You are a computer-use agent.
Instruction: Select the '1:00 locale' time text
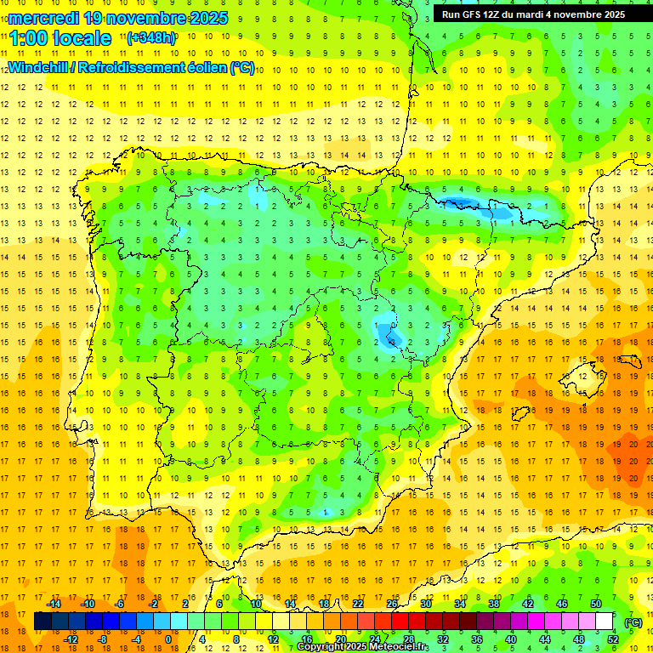[60, 38]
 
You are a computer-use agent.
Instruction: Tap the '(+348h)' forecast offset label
[152, 38]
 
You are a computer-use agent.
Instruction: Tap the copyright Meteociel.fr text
[362, 647]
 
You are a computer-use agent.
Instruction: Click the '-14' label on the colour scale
[54, 604]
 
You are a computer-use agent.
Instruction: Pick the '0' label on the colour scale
[168, 639]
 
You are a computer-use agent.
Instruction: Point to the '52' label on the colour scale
[612, 639]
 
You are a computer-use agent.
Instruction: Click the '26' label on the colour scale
[392, 604]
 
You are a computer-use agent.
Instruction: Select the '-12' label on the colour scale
[71, 639]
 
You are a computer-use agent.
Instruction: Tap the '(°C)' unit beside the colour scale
[633, 622]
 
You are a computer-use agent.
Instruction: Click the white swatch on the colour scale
[604, 622]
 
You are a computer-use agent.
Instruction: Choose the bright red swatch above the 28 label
[400, 622]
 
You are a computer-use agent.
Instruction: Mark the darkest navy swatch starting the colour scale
[43, 622]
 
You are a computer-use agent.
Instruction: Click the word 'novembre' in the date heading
[135, 18]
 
